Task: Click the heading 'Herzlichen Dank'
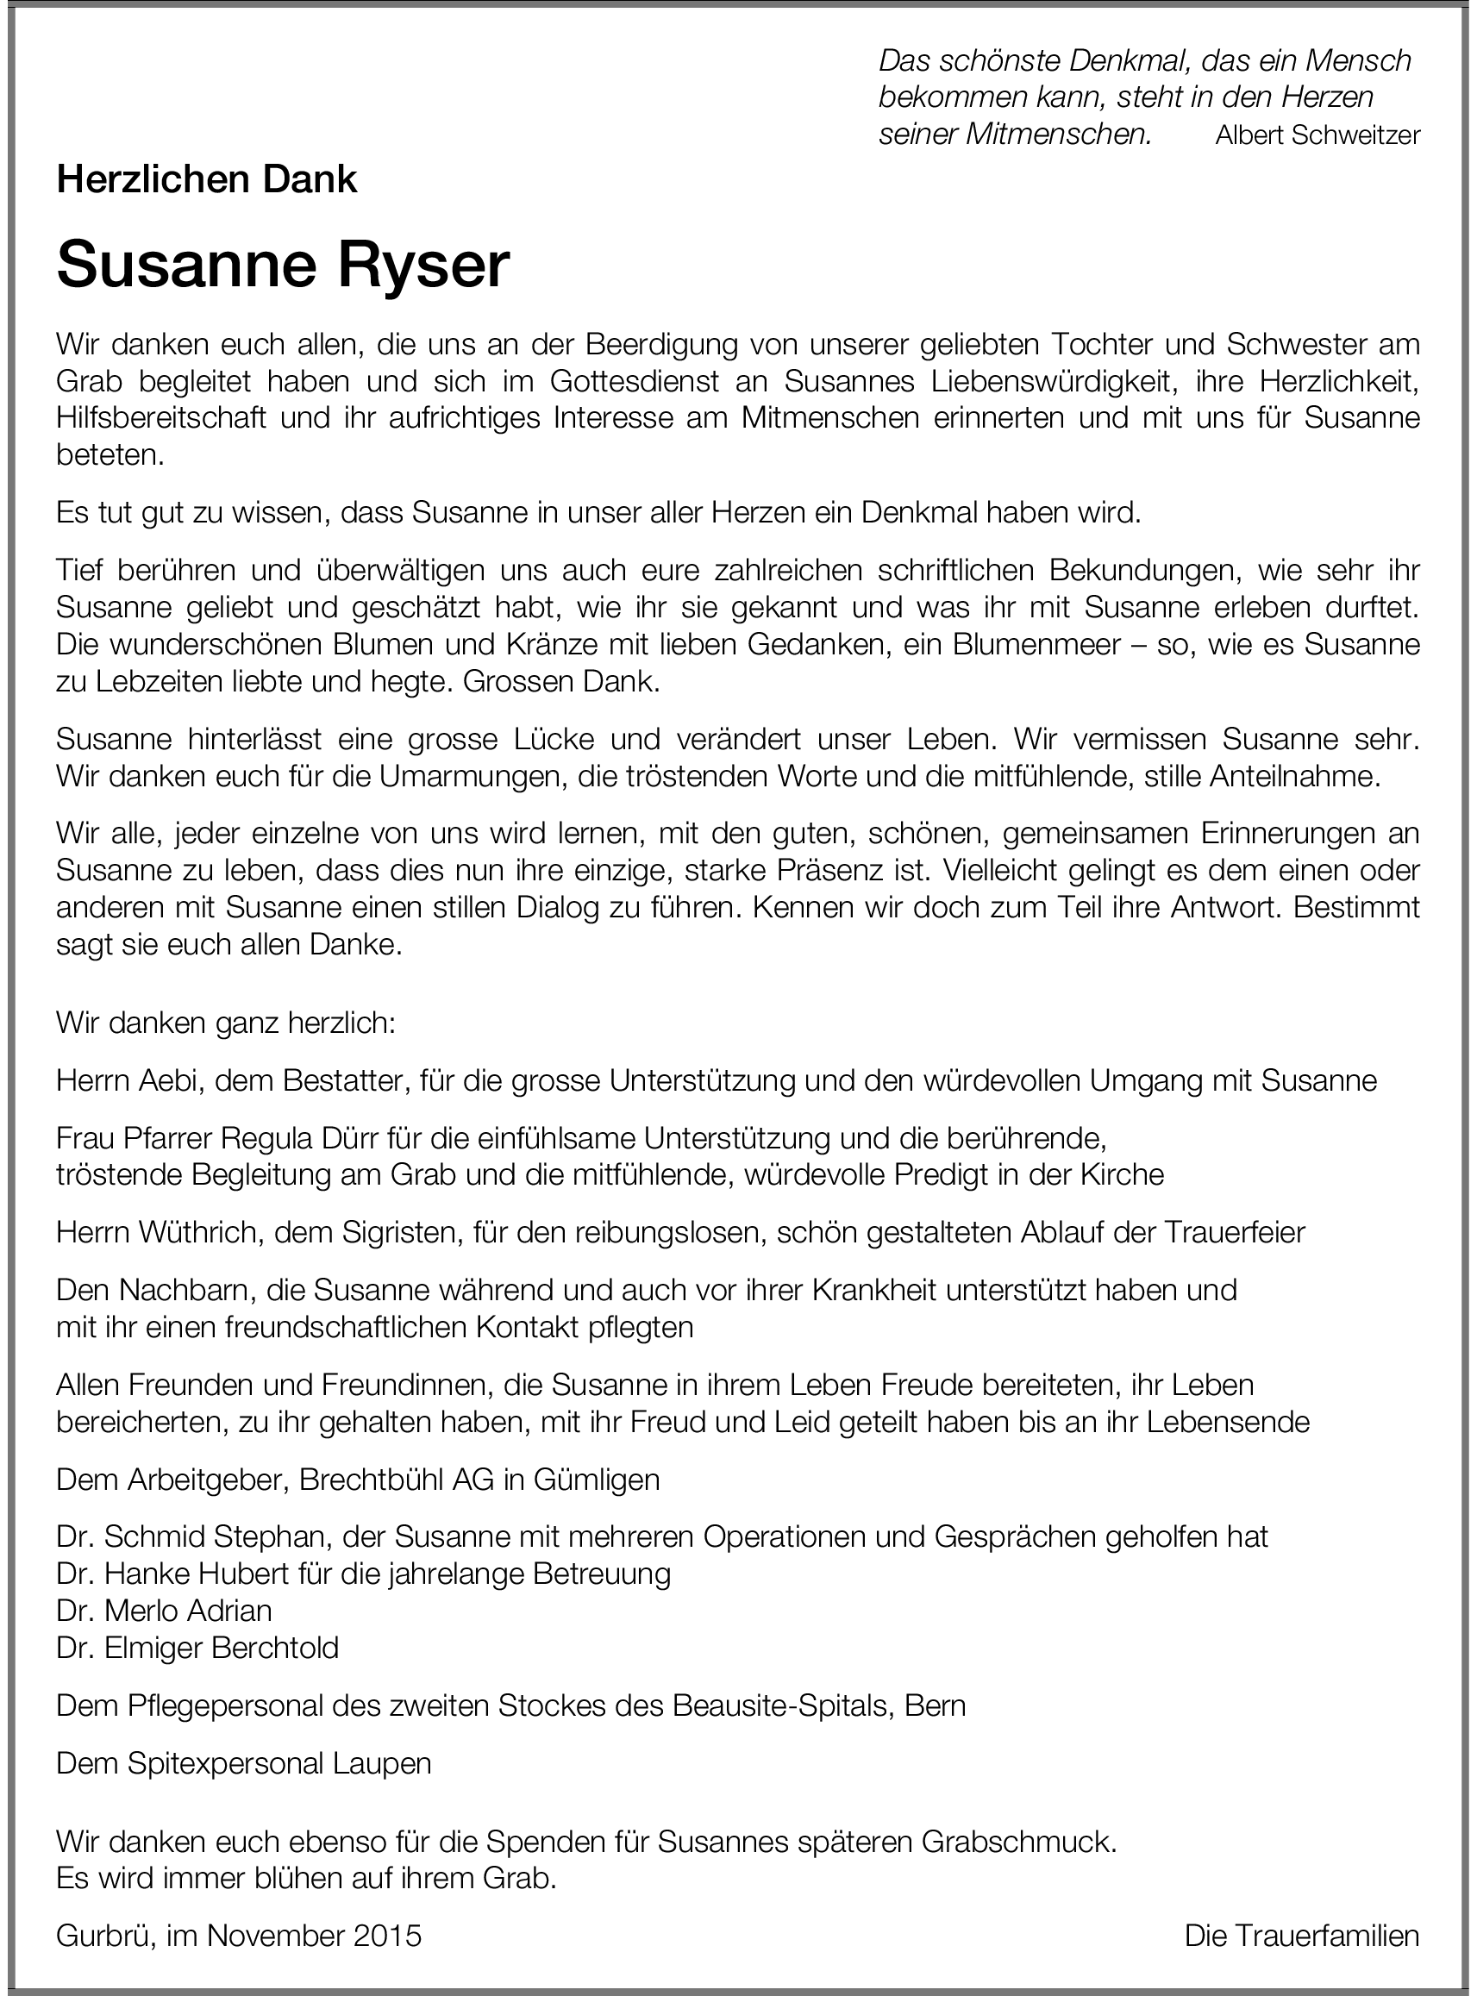207,180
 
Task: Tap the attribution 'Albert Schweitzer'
1317,135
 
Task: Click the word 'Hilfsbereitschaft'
161,418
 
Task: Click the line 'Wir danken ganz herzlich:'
225,1023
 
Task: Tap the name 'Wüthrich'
192,1233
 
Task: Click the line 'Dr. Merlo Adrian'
165,1611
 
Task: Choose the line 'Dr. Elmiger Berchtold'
197,1648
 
